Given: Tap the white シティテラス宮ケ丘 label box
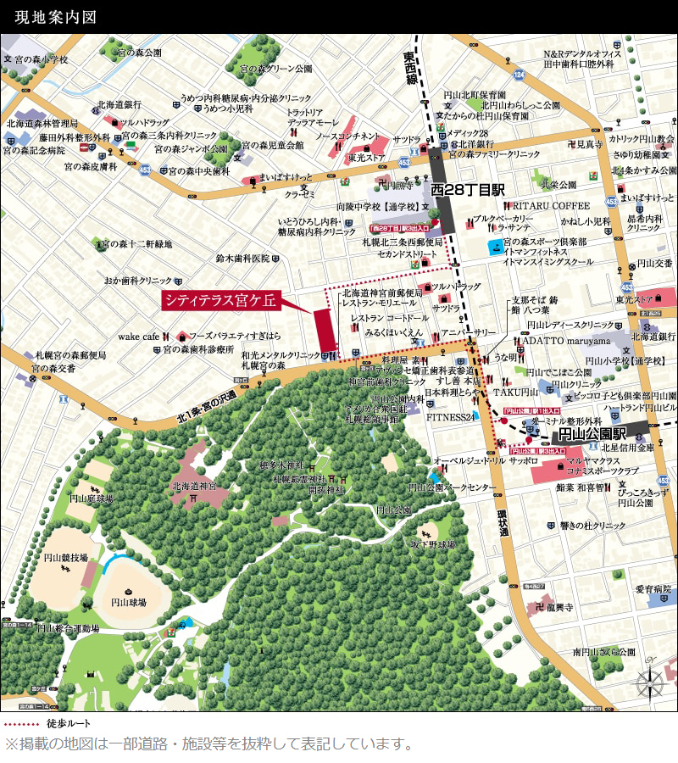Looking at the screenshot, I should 220,301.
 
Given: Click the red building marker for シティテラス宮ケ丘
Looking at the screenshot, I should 325,331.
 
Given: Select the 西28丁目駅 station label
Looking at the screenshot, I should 467,189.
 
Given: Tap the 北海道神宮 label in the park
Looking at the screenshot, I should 194,487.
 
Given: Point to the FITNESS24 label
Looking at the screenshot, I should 449,417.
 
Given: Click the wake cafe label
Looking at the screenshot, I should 139,336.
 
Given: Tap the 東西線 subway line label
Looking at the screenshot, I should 411,67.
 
